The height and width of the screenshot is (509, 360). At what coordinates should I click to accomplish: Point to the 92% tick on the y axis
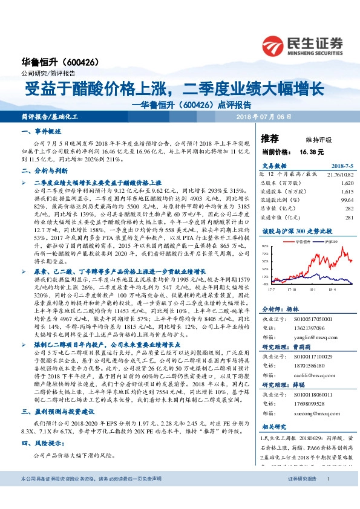point(265,247)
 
